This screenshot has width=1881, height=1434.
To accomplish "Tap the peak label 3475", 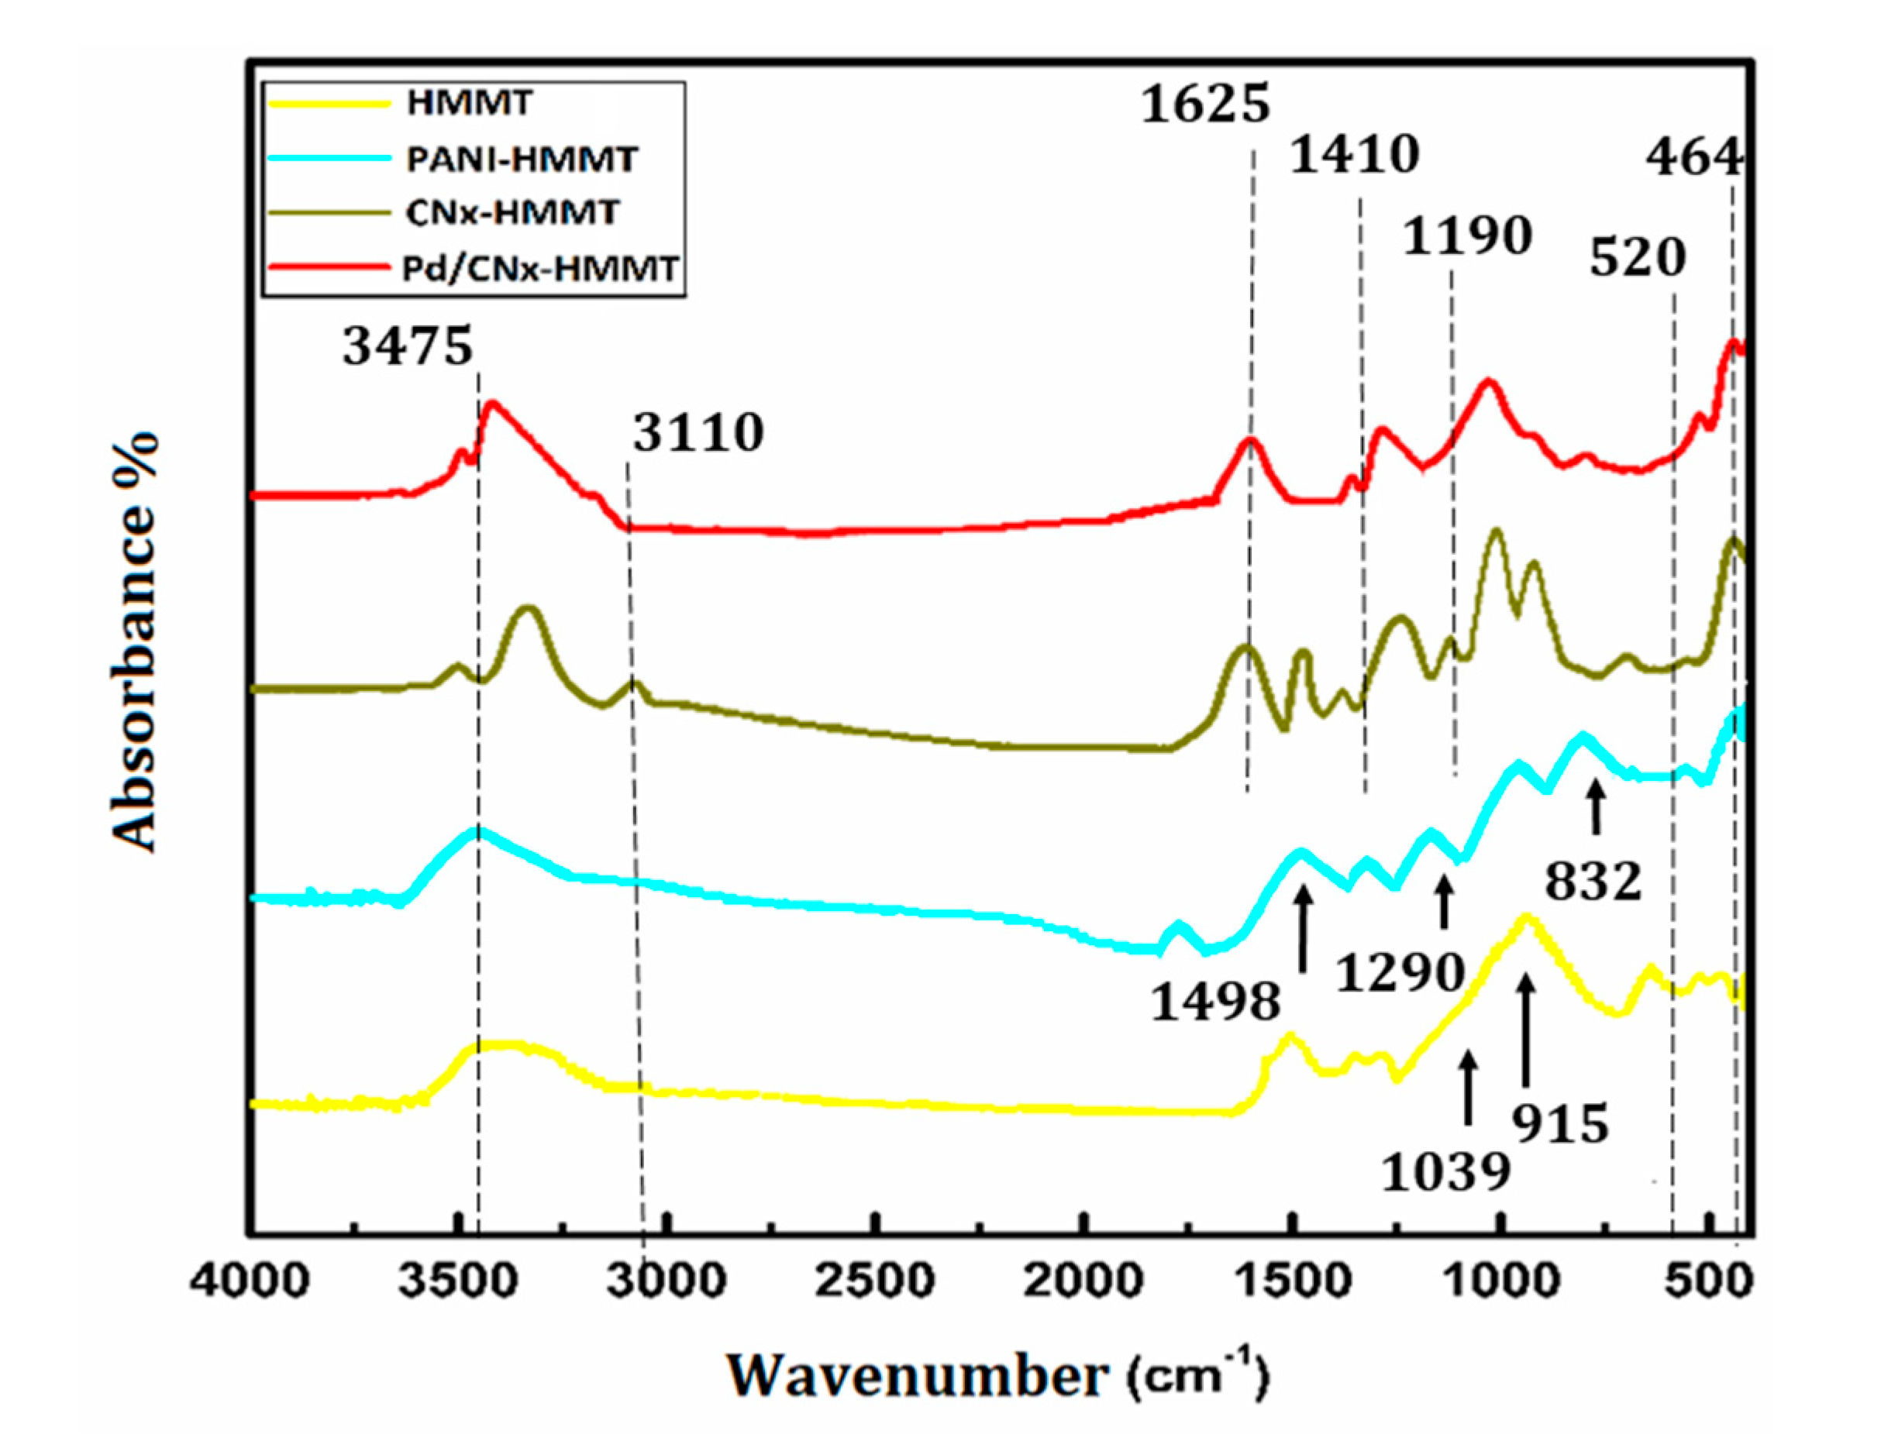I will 408,347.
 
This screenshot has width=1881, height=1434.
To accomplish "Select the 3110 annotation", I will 698,433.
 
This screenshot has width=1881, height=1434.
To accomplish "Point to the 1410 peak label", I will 1354,156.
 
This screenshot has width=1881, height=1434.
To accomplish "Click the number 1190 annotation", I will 1468,236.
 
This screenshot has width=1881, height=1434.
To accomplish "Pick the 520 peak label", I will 1637,258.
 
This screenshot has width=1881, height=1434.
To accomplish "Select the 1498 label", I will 1216,1001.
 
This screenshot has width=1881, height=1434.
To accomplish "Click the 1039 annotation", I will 1446,1173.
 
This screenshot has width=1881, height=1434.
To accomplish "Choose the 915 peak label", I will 1561,1124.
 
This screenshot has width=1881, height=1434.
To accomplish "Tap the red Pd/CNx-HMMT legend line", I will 328,268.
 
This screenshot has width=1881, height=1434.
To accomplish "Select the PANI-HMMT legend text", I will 521,160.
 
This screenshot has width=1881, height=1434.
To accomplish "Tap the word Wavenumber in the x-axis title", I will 918,1377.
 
